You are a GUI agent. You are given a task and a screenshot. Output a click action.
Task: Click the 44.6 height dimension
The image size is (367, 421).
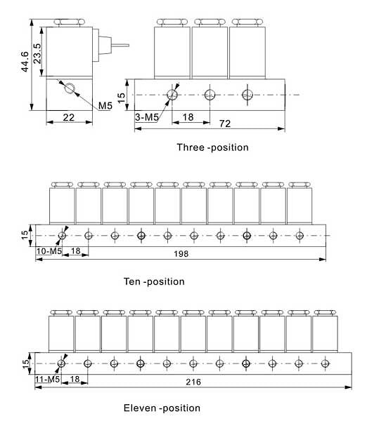25,62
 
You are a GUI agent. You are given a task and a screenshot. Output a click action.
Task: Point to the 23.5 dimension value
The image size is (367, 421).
37,53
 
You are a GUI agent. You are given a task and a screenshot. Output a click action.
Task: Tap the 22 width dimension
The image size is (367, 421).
69,117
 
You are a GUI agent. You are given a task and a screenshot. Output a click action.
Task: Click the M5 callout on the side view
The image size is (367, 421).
105,105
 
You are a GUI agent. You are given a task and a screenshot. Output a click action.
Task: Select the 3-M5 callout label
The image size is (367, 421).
147,117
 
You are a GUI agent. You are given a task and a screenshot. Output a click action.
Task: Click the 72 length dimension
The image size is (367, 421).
225,123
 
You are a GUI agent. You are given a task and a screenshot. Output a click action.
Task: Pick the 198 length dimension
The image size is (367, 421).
181,254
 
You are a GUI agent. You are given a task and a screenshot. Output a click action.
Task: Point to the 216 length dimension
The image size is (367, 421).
193,382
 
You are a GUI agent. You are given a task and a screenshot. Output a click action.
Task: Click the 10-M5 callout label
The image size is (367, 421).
49,251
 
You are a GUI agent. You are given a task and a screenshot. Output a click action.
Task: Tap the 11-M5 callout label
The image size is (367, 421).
48,379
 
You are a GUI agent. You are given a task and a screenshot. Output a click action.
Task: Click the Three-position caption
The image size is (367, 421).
212,147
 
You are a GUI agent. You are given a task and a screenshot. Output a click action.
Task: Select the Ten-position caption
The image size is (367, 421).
154,281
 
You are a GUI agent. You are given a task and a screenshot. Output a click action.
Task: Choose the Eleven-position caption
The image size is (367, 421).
162,408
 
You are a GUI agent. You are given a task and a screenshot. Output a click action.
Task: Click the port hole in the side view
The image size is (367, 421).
70,88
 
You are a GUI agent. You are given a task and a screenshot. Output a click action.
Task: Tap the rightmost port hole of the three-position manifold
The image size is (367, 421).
247,95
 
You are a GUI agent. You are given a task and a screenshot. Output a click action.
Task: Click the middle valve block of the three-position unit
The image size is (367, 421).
210,52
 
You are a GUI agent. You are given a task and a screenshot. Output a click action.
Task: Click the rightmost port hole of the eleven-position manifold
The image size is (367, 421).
325,363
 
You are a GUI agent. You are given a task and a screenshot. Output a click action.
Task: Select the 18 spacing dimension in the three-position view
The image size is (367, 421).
188,117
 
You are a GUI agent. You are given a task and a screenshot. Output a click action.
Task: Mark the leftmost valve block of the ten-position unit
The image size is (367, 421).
62,206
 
